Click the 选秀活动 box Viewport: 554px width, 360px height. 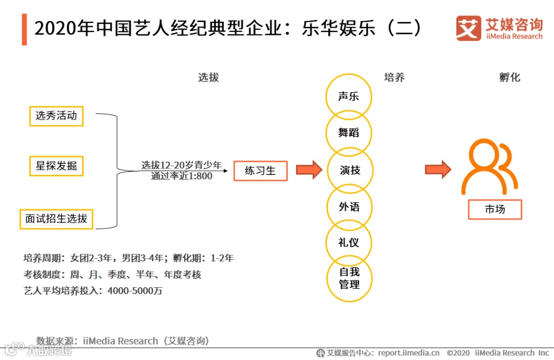coord(56,116)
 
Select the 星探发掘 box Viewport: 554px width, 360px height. coord(56,166)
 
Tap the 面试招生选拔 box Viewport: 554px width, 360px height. coord(56,218)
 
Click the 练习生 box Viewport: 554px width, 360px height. coord(260,171)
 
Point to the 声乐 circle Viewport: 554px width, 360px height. coord(349,96)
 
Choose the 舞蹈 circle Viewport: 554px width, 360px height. coord(349,133)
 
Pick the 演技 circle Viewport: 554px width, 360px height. coord(349,170)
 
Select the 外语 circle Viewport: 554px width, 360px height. coord(349,207)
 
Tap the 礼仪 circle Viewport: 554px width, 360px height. coord(349,243)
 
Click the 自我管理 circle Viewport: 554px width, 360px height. coord(349,278)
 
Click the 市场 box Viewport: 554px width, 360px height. coord(494,209)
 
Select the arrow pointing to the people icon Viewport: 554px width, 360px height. coord(438,169)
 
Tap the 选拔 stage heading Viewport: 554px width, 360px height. coord(208,77)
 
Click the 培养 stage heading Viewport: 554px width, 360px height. coord(394,77)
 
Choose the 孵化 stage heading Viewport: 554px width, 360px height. coord(509,77)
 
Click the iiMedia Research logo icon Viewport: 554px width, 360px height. coord(468,28)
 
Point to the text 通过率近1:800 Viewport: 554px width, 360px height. coord(182,176)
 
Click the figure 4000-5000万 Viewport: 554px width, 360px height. coord(135,291)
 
